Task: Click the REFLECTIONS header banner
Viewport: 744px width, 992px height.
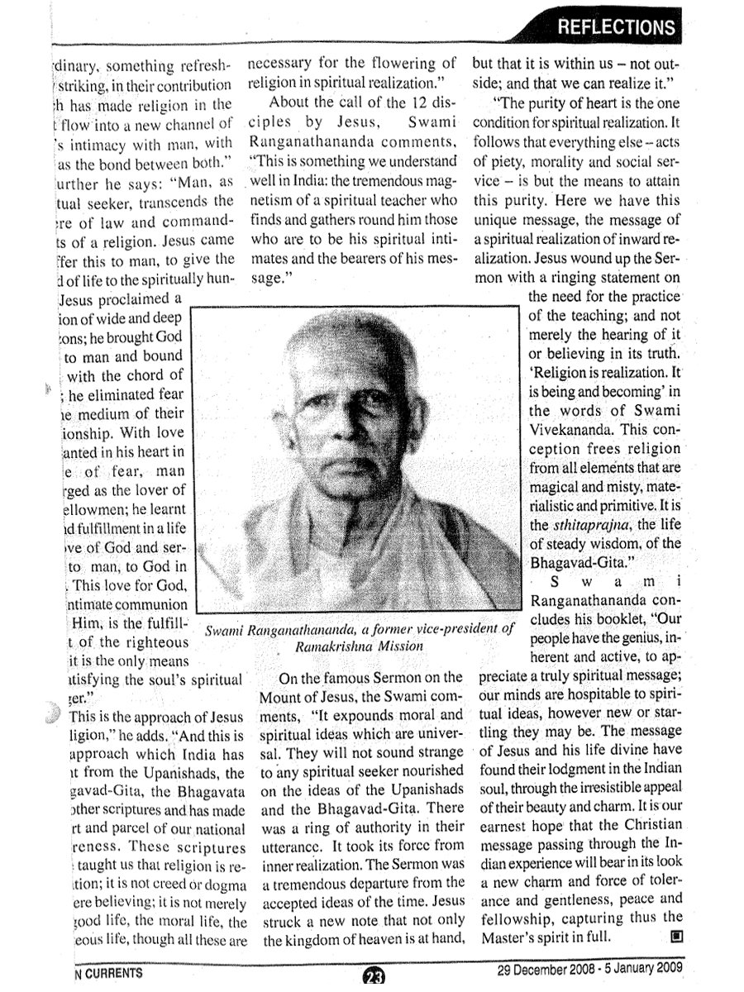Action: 615,27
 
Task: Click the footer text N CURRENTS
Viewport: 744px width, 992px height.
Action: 107,973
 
